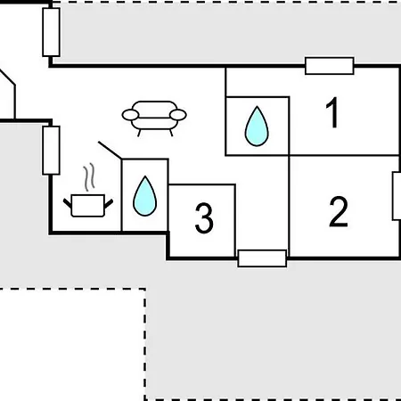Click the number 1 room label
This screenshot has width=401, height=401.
[x=332, y=112]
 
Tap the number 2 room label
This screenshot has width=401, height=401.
[x=339, y=211]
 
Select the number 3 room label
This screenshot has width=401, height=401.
[x=204, y=217]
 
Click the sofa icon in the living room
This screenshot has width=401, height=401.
[x=154, y=119]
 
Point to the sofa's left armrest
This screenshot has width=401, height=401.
[x=130, y=115]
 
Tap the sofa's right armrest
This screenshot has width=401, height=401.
[x=178, y=115]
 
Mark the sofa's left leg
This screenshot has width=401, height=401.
[x=139, y=133]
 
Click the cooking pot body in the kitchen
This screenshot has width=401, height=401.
[x=88, y=205]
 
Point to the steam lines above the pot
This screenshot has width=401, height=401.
[x=89, y=177]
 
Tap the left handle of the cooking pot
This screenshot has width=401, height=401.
[x=68, y=203]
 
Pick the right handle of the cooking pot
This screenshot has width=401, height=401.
[x=109, y=203]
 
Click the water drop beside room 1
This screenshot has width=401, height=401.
[x=257, y=127]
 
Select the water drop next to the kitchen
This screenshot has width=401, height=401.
[x=145, y=196]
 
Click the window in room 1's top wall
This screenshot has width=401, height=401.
[x=330, y=66]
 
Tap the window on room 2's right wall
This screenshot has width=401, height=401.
[x=397, y=196]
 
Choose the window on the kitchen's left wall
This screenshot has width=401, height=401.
[x=52, y=151]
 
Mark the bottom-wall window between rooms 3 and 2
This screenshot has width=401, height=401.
[x=262, y=258]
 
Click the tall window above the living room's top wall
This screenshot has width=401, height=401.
[x=52, y=32]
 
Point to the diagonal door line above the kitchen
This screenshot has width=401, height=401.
[x=110, y=150]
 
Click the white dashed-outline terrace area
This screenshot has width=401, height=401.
[x=73, y=345]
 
